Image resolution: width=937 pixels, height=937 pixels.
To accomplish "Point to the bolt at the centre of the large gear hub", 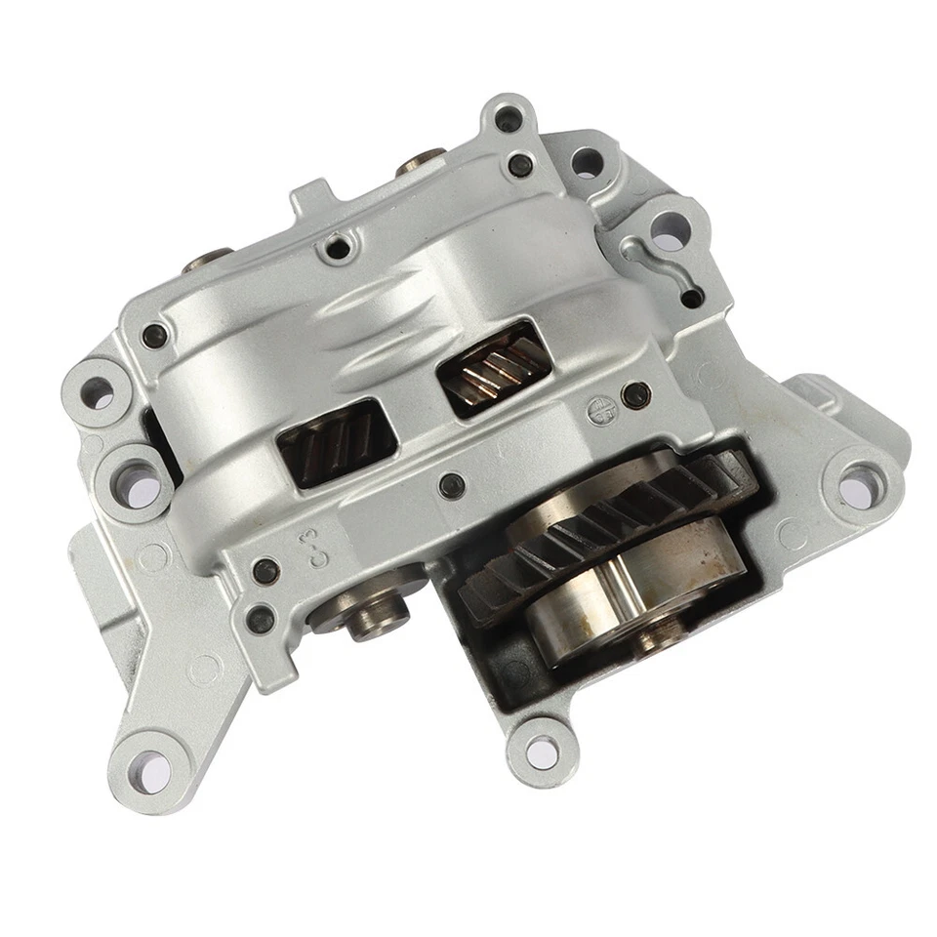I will pos(653,640).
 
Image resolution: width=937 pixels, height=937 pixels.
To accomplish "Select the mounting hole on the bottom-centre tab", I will pos(543,750).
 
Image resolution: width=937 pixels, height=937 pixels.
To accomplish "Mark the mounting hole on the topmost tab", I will pos(508,121).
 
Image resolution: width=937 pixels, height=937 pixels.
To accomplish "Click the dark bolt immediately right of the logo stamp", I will pos(636,395).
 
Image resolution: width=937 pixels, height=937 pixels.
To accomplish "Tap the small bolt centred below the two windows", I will pos(451,485).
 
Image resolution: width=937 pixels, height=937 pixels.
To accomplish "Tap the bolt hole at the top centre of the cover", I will pos(338,248).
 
